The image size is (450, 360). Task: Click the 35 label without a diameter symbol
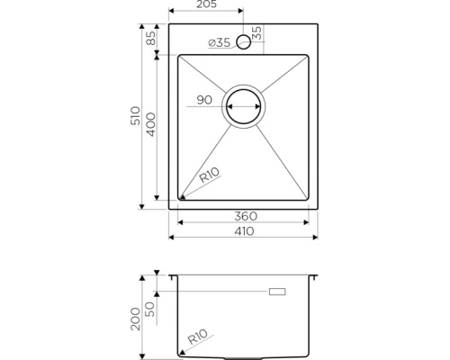(x=257, y=32)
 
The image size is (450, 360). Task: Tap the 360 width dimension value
(x=246, y=216)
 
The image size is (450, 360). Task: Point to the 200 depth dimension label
(x=134, y=316)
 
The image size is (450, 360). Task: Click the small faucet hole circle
(x=243, y=42)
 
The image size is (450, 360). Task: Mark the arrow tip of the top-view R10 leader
(x=181, y=197)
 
